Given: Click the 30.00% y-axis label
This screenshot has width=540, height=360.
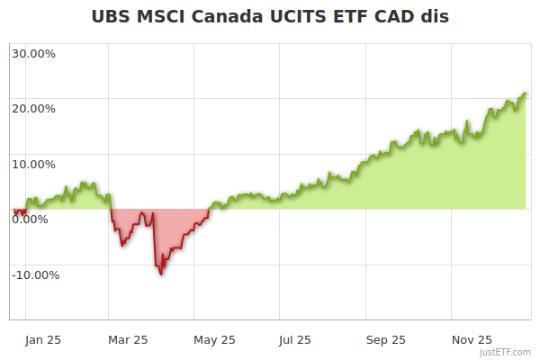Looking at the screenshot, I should pos(33,53).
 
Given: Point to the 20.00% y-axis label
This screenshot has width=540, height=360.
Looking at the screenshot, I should pos(33,109).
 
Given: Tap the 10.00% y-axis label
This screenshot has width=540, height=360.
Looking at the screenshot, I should pos(33,165).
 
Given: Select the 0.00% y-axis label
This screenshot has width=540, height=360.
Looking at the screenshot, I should pos(31,220).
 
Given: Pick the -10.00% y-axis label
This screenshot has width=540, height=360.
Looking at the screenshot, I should pos(35,275).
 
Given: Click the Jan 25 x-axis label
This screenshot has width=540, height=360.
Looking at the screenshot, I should pos(43,340).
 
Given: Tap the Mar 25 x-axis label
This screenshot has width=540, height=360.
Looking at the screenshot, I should pos(127,340).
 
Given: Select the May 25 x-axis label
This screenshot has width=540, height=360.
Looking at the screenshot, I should pos(214,340).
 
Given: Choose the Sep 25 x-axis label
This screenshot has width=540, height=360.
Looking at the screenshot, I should pos(385,340).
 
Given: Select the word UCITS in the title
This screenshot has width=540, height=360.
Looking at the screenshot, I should pos(303,16).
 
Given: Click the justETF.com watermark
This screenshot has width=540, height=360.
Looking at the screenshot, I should pos(507,352).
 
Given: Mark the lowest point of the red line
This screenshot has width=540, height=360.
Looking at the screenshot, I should pos(161,274).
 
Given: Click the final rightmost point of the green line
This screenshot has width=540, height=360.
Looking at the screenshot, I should pos(526,93).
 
